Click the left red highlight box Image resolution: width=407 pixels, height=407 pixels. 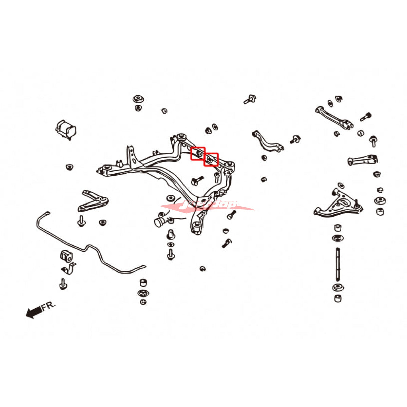pyautogui.click(x=198, y=154)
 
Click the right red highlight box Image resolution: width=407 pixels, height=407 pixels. pyautogui.click(x=211, y=159)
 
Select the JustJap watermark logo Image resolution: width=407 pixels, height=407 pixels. pyautogui.click(x=207, y=206)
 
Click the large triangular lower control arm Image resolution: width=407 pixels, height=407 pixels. pyautogui.click(x=337, y=203)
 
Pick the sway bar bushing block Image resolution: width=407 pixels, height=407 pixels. pyautogui.click(x=66, y=256)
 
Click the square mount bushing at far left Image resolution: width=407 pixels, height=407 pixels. pyautogui.click(x=65, y=129)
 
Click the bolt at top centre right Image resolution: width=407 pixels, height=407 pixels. pyautogui.click(x=250, y=99)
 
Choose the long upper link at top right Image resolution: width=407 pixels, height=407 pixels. pyautogui.click(x=334, y=117)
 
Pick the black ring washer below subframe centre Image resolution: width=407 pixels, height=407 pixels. pyautogui.click(x=170, y=198)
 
